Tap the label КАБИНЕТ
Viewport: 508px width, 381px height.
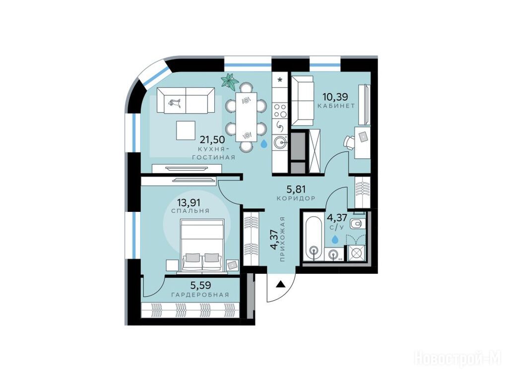point(336,106)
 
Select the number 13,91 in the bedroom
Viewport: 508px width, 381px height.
point(188,202)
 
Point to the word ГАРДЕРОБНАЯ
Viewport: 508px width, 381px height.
point(200,295)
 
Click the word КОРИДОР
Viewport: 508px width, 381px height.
point(296,198)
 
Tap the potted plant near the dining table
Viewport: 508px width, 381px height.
point(230,80)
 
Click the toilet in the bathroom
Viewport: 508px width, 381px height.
point(357,223)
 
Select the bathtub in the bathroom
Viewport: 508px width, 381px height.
point(313,238)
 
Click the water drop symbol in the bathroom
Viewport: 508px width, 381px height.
point(335,239)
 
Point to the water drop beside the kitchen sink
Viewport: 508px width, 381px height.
point(264,143)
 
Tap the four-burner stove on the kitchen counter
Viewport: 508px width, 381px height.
point(280,110)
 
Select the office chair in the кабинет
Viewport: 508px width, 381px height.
point(350,142)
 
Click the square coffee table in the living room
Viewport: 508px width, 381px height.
point(186,130)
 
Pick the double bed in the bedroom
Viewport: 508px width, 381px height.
point(202,246)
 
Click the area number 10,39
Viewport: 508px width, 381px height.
point(335,96)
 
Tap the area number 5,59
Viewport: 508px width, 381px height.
point(200,285)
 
